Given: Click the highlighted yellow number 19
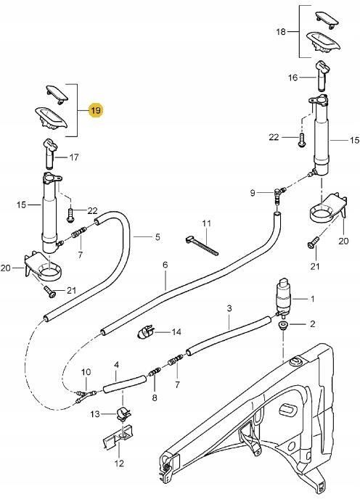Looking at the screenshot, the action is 96,110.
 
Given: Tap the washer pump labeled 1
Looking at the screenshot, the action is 282,297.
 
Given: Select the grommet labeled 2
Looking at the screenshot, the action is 282,325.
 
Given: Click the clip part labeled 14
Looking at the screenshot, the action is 146,333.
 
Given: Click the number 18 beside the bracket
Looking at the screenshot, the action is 281,32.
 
